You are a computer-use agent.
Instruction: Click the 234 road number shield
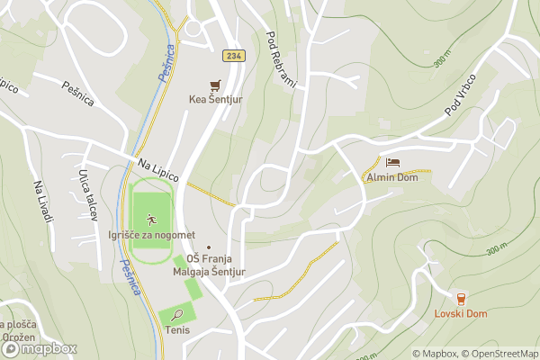(233, 56)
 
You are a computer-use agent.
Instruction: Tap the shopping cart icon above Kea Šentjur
(215, 85)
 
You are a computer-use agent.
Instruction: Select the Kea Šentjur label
(215, 100)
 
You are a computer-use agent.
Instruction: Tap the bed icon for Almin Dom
(392, 163)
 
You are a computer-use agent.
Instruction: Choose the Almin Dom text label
(392, 177)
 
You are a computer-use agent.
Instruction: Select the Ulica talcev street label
(87, 187)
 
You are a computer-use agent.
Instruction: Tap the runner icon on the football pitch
(151, 219)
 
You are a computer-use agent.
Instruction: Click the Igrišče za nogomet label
(151, 235)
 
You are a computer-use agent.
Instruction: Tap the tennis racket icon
(178, 315)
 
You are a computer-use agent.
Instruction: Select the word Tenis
(177, 330)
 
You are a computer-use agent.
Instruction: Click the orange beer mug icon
(461, 298)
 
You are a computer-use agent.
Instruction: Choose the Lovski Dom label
(461, 313)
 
